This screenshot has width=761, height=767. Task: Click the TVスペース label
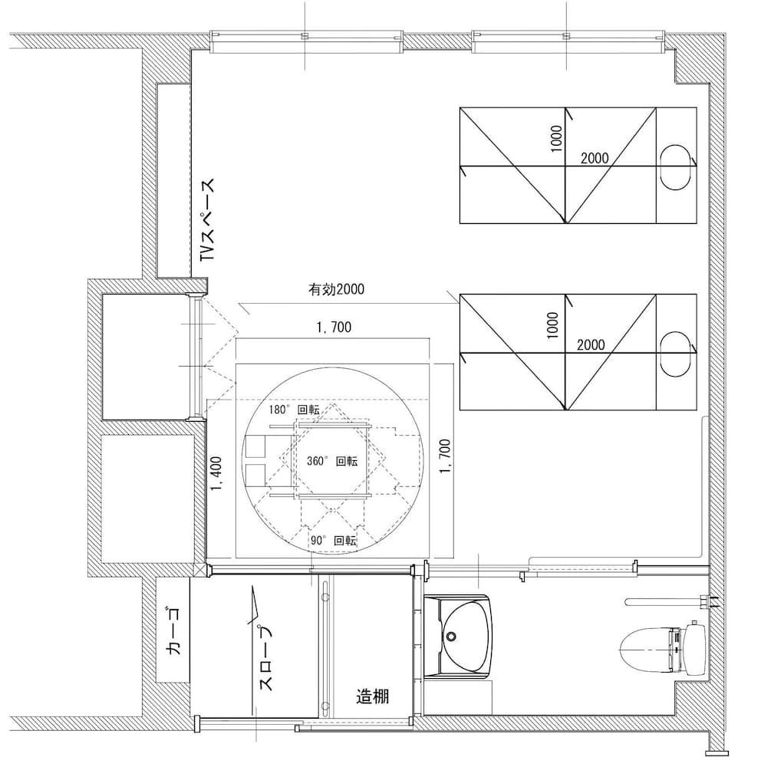tap(208, 222)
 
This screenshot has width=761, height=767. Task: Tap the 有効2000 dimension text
tap(335, 290)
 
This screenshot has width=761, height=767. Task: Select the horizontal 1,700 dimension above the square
tap(333, 328)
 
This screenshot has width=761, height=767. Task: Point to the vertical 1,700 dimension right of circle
tap(444, 457)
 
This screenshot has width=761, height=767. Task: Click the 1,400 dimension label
tap(216, 479)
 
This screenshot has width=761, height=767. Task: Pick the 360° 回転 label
tap(332, 463)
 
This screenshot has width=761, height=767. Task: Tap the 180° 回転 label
tap(294, 410)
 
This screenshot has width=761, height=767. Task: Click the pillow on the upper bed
tap(676, 166)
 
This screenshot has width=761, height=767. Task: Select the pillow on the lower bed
tap(676, 354)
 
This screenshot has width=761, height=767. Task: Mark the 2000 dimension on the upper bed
tap(595, 158)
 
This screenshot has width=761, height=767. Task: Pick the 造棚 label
tap(373, 696)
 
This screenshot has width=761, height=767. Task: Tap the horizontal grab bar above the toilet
tap(660, 602)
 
